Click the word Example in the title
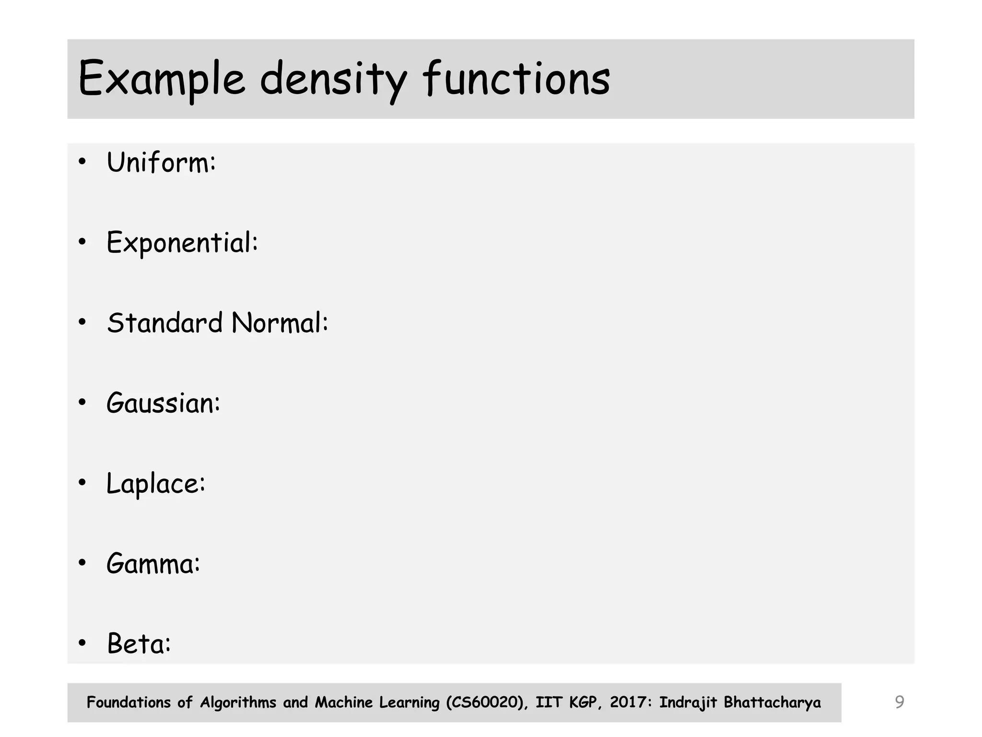point(161,79)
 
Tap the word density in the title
point(333,79)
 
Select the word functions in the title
point(516,79)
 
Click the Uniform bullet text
point(161,162)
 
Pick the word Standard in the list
point(165,322)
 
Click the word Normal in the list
point(280,322)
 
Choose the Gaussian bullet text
point(163,403)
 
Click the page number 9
point(900,702)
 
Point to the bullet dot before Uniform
point(82,162)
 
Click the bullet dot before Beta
point(82,643)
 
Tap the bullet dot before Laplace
point(82,483)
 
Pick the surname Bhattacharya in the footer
point(772,702)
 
